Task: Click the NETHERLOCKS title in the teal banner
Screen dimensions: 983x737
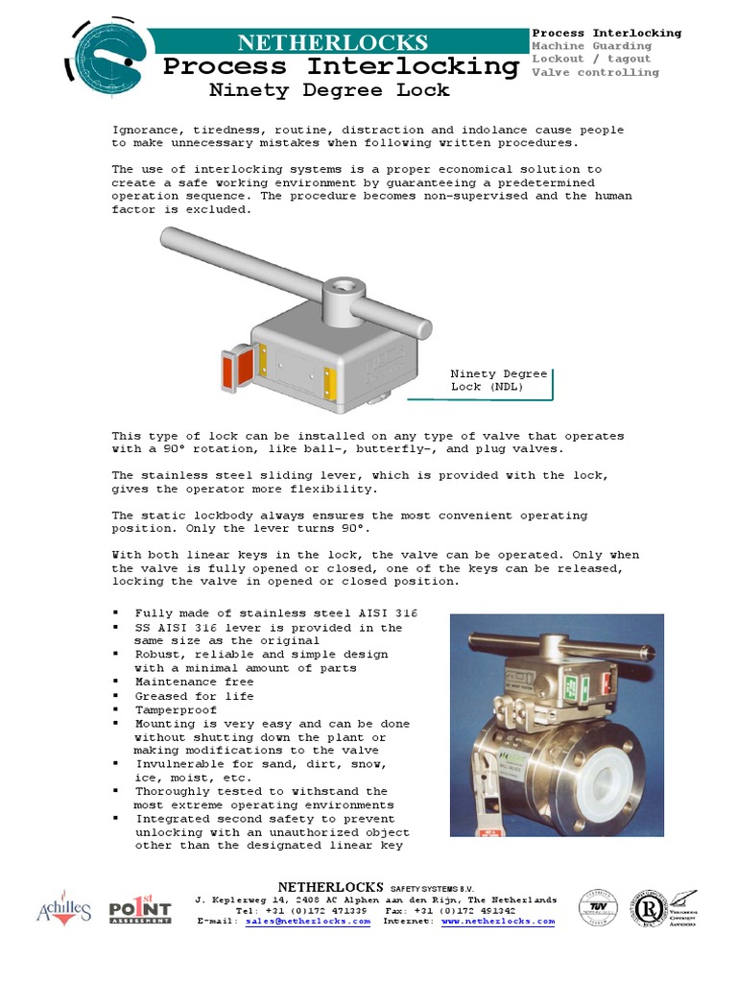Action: point(332,42)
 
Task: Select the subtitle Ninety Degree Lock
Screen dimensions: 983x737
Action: point(329,90)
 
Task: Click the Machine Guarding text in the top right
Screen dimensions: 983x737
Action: point(591,46)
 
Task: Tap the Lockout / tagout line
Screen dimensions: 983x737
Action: point(591,59)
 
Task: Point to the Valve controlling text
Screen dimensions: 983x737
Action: point(595,72)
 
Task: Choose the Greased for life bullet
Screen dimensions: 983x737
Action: point(194,696)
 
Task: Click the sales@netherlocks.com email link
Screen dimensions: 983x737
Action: point(307,921)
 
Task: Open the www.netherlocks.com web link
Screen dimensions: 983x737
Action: point(498,921)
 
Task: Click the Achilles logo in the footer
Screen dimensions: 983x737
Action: point(64,908)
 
